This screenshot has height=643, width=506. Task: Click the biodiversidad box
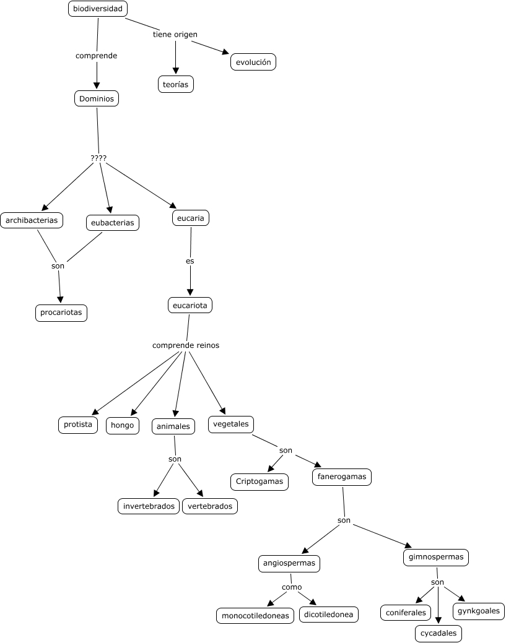(97, 9)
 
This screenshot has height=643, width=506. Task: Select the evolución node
(253, 63)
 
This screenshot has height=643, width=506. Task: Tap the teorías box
(176, 84)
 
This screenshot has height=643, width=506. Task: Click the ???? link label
(98, 158)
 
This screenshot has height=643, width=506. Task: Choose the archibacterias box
(32, 220)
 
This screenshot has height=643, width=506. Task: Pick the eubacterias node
(112, 223)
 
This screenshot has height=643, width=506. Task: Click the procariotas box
(61, 313)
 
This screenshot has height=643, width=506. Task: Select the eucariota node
(190, 305)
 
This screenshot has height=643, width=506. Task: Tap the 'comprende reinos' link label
(186, 345)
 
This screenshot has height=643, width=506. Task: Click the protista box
(78, 425)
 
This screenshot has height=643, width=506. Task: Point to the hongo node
(123, 425)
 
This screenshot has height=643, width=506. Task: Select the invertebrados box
(149, 506)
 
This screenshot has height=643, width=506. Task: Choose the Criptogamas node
(260, 481)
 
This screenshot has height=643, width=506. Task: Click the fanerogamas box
(342, 477)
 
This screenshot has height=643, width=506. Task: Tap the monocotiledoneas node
(255, 616)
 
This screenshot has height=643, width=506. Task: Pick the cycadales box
(438, 633)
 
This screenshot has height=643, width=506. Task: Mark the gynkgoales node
(479, 611)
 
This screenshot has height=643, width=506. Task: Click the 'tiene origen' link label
(175, 35)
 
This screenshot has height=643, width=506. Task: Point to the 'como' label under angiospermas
(292, 587)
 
